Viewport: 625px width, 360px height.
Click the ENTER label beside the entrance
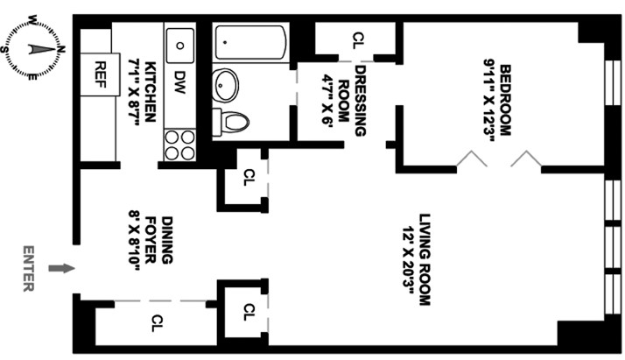(29, 269)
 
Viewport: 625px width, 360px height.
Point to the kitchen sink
(181, 42)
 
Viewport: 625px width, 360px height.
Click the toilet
(233, 122)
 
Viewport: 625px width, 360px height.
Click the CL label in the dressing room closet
(357, 39)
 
